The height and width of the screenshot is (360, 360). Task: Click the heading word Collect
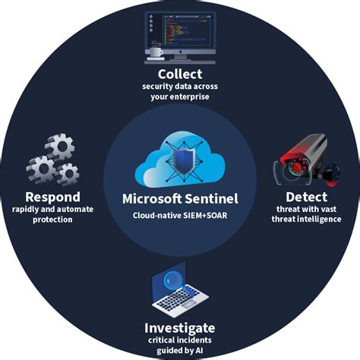(x=180, y=74)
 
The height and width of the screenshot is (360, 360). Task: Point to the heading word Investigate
(x=180, y=327)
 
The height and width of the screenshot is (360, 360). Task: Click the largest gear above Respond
(x=59, y=146)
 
